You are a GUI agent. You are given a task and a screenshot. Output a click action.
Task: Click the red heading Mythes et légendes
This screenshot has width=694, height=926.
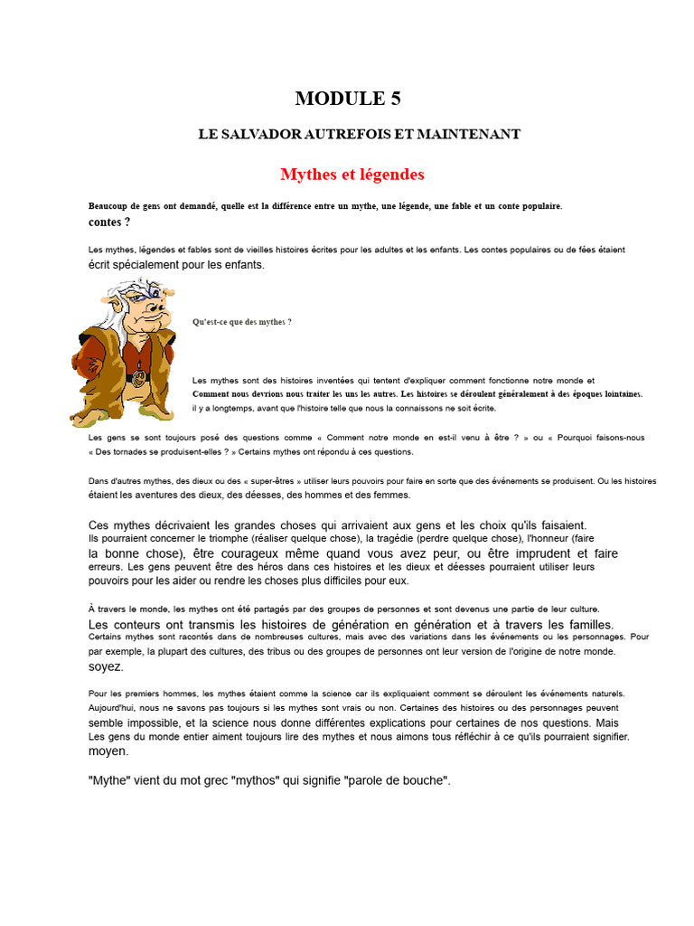352,174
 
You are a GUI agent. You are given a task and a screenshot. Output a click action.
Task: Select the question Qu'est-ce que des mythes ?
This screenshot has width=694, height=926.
242,322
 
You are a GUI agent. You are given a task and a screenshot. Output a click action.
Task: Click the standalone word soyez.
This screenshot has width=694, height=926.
106,666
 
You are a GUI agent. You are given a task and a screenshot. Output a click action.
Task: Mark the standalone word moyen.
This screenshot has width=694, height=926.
108,751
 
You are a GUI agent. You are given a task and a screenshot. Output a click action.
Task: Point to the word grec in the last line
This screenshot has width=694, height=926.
221,780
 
